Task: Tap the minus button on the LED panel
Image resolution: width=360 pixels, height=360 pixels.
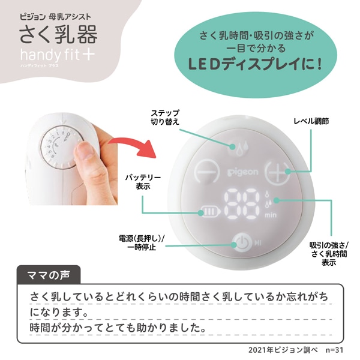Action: (207, 171)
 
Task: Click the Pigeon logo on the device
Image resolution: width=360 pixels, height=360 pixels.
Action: (242, 172)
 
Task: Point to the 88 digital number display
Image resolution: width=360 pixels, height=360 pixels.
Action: (242, 205)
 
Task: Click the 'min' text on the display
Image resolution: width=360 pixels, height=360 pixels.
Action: (271, 215)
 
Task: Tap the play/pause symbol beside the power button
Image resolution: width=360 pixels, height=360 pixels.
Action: (258, 242)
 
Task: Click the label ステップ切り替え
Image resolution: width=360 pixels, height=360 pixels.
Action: (165, 118)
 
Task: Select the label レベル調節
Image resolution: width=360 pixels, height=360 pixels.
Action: (311, 121)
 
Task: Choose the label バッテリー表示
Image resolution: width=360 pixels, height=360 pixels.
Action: (143, 182)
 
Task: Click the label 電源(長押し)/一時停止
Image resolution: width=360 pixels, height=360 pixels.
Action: (142, 243)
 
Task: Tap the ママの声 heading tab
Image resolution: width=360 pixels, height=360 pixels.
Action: (49, 275)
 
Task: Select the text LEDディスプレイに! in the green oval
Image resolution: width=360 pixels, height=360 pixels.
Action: (255, 64)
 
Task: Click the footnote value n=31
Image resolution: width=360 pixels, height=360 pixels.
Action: (334, 350)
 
